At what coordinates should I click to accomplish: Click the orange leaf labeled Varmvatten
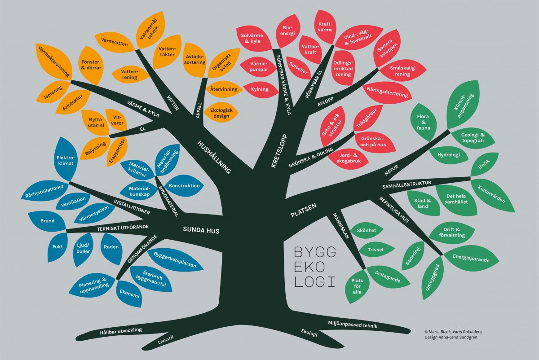click(x=115, y=42)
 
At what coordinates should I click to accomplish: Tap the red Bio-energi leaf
click(x=288, y=31)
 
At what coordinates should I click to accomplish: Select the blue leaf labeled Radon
click(x=111, y=248)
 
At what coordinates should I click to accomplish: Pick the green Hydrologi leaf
click(x=449, y=155)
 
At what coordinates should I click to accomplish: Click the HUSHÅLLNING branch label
click(x=214, y=157)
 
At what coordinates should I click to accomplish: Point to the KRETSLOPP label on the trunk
click(x=279, y=151)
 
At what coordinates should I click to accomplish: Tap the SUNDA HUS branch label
click(x=201, y=230)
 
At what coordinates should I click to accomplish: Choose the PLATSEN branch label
click(x=304, y=210)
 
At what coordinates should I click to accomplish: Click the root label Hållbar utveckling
click(x=121, y=331)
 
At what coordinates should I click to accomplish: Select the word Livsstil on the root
click(x=166, y=340)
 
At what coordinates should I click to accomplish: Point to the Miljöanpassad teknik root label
click(x=353, y=324)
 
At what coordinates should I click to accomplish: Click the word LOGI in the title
click(x=315, y=282)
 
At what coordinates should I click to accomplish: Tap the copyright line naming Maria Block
click(x=453, y=332)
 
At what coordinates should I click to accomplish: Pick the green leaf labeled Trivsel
click(x=376, y=250)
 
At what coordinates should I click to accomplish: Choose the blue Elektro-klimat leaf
click(x=66, y=160)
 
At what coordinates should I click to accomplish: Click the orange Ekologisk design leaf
click(x=221, y=113)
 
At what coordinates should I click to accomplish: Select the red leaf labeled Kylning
click(x=260, y=89)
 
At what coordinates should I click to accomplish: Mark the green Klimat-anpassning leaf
click(x=463, y=105)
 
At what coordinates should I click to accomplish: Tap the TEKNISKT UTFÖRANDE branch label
click(x=123, y=228)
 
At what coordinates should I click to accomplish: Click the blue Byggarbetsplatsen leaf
click(x=175, y=260)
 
